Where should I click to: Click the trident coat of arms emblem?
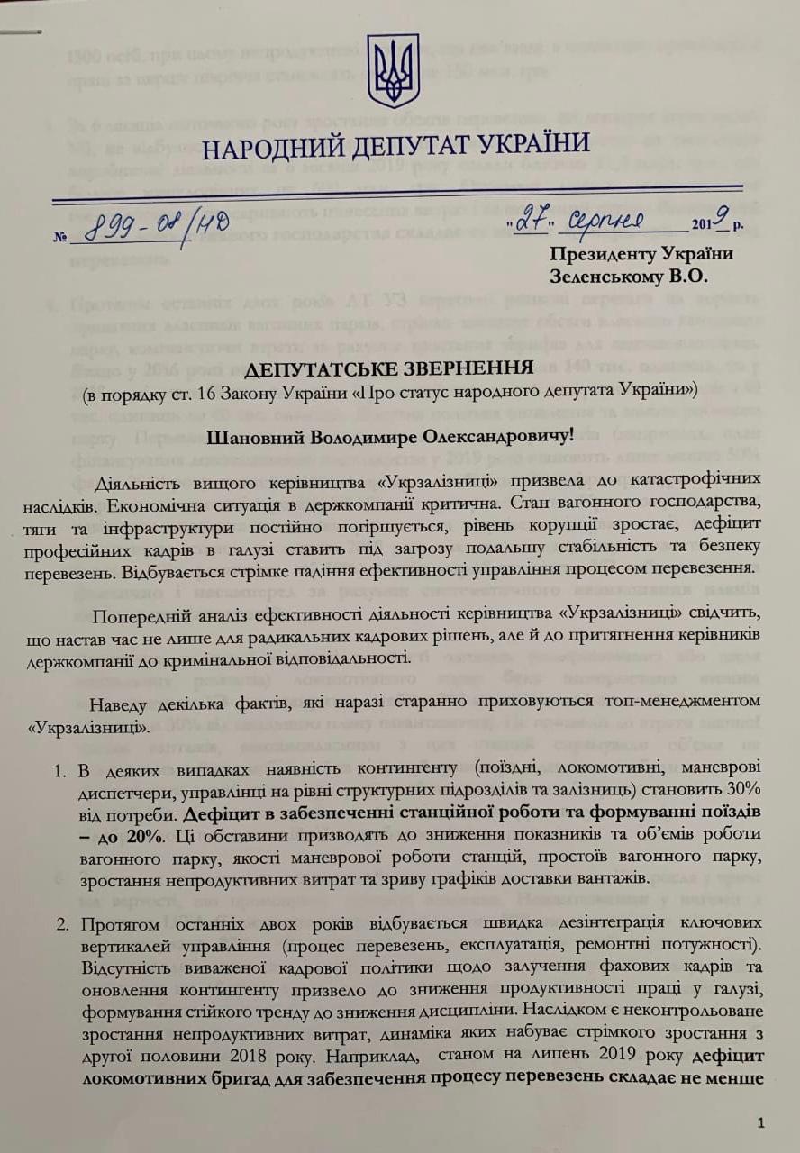tap(393, 71)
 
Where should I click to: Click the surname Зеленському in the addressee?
tap(613, 277)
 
